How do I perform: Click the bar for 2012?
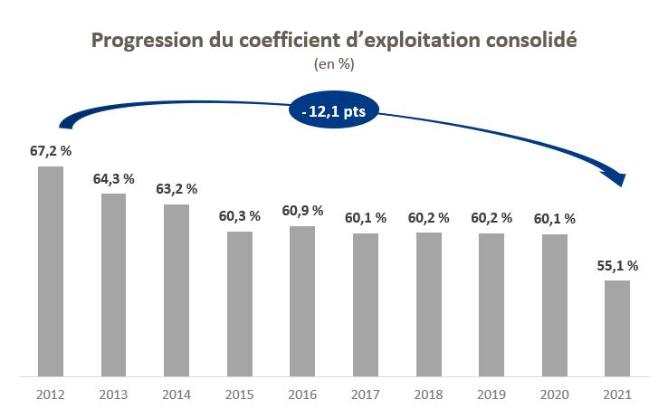pos(51,271)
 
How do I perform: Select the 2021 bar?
pos(617,328)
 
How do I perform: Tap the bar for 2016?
pos(302,300)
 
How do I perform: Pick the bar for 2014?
pos(177,290)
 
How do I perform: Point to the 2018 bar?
pos(429,304)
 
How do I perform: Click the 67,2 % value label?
pos(51,150)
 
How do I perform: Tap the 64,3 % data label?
pos(113,178)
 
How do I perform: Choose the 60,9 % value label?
pos(302,211)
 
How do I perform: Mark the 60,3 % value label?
pos(240,216)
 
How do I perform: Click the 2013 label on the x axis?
pos(113,394)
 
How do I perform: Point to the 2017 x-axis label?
pos(366,394)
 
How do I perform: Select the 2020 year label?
pos(555,394)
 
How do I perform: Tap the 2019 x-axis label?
pos(491,394)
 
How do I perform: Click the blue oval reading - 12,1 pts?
pos(334,111)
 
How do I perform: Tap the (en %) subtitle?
pos(334,64)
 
